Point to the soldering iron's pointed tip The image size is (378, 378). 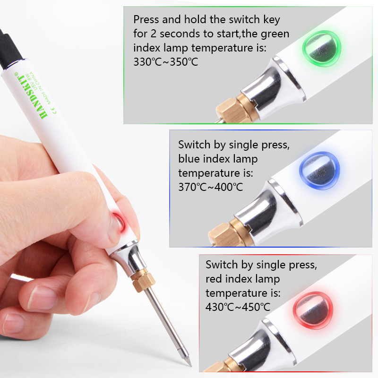188,362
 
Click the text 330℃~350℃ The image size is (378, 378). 166,61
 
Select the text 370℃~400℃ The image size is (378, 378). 211,187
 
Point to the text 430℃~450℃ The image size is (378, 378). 238,307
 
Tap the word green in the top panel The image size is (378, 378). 276,34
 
